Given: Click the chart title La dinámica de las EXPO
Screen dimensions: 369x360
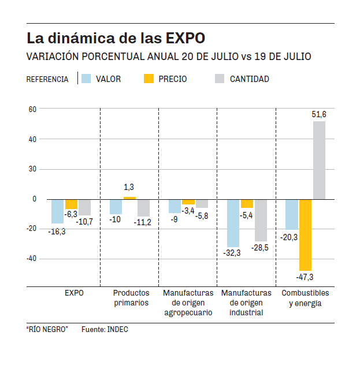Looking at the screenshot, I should click(116, 39).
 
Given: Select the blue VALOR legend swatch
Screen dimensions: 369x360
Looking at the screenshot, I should click(87, 79).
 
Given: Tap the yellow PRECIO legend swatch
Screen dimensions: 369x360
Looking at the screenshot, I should click(149, 79).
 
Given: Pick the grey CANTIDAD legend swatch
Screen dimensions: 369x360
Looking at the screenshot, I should click(220, 79).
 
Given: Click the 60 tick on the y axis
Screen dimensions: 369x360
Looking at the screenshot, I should click(32, 109).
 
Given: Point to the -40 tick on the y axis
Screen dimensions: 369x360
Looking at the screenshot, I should click(31, 259).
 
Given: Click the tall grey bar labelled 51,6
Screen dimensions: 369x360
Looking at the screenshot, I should click(319, 160).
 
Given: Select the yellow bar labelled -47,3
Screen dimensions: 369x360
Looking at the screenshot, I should click(305, 234).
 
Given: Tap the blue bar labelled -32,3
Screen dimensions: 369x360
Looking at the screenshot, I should click(233, 223).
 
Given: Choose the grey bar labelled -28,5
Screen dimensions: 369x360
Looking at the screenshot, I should click(261, 220).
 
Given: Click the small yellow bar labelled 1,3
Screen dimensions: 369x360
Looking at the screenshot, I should click(130, 198).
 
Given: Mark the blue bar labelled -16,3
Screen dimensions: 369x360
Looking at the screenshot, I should click(57, 211).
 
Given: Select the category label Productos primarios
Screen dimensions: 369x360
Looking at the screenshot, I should click(131, 298).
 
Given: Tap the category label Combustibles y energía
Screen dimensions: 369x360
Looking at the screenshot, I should click(305, 298).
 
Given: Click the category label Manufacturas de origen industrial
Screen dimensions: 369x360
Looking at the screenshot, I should click(246, 303).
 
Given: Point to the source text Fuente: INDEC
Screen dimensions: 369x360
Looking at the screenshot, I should click(105, 329).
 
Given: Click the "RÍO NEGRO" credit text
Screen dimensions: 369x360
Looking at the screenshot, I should click(47, 329).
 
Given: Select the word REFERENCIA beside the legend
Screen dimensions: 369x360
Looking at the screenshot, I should click(47, 79).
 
